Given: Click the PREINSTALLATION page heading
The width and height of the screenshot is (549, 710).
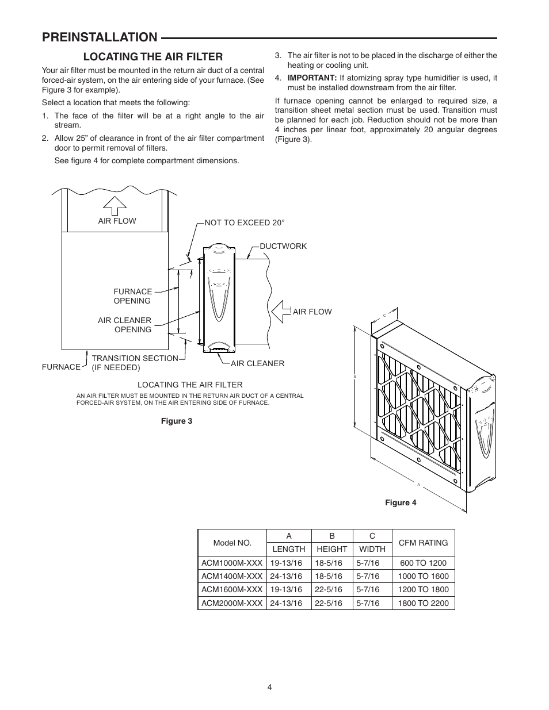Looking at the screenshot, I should (x=99, y=37).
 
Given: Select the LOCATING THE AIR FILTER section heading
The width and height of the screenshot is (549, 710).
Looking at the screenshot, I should (x=153, y=56).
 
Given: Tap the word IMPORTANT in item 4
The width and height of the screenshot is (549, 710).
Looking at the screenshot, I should (x=311, y=78).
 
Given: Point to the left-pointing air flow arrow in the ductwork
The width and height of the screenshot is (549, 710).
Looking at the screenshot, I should (x=280, y=312).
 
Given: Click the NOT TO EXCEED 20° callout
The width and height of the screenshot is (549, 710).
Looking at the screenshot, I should (x=245, y=222).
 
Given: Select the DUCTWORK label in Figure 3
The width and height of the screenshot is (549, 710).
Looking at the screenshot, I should (x=283, y=246).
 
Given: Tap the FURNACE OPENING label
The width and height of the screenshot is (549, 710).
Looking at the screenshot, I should (x=132, y=296).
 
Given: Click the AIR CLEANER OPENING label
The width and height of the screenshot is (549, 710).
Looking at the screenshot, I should (x=125, y=325).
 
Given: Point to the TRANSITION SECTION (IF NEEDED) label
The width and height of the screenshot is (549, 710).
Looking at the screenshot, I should (x=135, y=363).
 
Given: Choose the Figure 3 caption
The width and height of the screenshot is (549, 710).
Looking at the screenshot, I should (x=177, y=421).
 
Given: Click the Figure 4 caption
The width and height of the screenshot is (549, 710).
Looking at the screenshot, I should (x=401, y=502).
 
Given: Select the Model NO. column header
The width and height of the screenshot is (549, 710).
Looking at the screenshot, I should (x=232, y=543).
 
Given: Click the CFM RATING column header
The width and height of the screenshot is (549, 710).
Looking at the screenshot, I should (x=423, y=542).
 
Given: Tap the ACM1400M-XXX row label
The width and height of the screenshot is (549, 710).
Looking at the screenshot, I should (x=232, y=576).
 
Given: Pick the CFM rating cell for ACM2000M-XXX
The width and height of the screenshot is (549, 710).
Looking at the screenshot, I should (x=423, y=603).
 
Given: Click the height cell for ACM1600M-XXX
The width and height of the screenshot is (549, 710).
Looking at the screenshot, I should (x=331, y=589).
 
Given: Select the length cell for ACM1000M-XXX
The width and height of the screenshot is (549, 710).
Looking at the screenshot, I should (x=288, y=563).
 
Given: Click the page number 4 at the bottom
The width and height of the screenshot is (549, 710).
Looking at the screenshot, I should (x=269, y=686).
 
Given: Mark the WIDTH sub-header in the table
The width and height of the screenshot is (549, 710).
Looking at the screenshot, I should (x=372, y=549).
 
